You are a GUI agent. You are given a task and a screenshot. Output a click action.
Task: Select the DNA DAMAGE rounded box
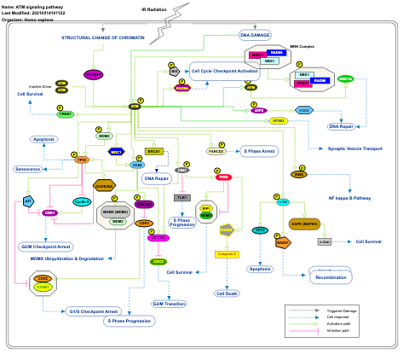pos(255,36)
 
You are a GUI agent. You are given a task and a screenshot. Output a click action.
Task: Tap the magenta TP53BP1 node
pos(94,75)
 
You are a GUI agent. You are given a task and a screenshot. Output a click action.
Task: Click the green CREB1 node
pos(66,113)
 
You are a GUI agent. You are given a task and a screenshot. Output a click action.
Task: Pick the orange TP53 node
pos(82,160)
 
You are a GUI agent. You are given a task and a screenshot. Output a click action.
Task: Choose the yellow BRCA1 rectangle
pos(154,151)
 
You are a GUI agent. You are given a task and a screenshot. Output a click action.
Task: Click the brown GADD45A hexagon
pos(104,185)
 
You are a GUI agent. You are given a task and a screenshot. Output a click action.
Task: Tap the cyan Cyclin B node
pos(82,202)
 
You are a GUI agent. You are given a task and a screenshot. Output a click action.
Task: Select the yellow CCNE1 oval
pos(43,287)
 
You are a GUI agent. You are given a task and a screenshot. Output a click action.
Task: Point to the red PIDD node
pos(223,177)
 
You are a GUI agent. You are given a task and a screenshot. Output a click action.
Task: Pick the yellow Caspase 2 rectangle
pos(226,254)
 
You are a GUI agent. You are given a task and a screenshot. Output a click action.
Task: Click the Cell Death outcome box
pos(226,293)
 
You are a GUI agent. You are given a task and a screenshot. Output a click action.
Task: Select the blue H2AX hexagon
pos(303,110)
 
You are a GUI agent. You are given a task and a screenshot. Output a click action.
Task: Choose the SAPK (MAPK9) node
pos(304,224)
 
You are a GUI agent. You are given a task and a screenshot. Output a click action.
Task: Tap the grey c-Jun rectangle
pos(324,241)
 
